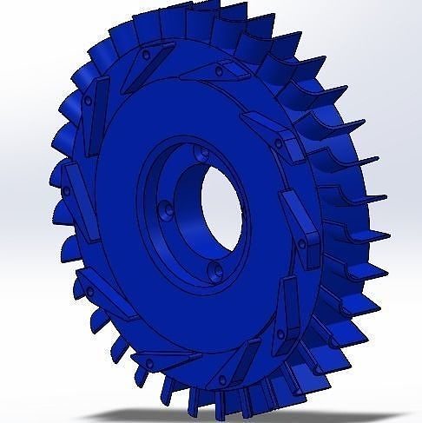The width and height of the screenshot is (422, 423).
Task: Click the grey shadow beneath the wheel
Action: [260, 415]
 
